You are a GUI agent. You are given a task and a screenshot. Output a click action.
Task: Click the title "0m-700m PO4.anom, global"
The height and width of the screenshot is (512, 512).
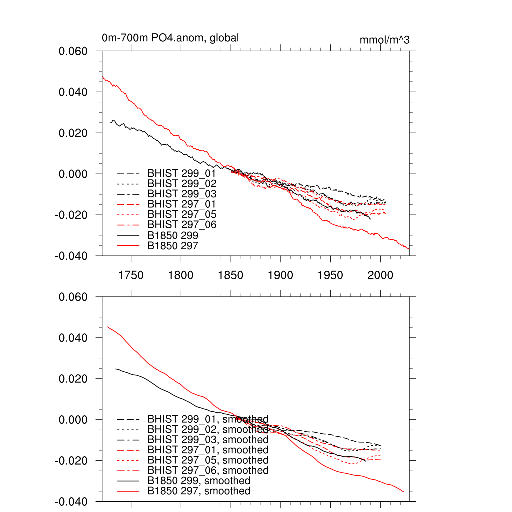170,38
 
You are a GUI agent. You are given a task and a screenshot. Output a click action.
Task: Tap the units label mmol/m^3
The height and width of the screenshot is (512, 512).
384,40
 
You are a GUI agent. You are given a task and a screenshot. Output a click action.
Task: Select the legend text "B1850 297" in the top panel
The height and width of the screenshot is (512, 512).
173,245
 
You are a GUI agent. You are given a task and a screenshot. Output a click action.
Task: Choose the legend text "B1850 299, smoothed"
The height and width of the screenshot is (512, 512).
199,481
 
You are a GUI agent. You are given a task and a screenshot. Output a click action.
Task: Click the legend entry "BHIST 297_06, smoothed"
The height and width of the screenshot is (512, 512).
208,470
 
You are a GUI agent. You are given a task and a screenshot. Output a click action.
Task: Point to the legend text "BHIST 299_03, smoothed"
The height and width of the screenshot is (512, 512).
208,440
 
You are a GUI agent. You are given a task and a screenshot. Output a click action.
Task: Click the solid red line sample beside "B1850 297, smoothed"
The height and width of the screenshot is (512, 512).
128,491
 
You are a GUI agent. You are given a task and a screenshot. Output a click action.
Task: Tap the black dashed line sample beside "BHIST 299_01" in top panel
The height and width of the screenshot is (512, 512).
128,173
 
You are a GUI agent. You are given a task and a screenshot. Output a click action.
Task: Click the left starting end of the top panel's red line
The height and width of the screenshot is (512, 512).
102,77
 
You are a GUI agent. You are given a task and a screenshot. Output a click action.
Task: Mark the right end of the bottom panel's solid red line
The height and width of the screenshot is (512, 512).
404,492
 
